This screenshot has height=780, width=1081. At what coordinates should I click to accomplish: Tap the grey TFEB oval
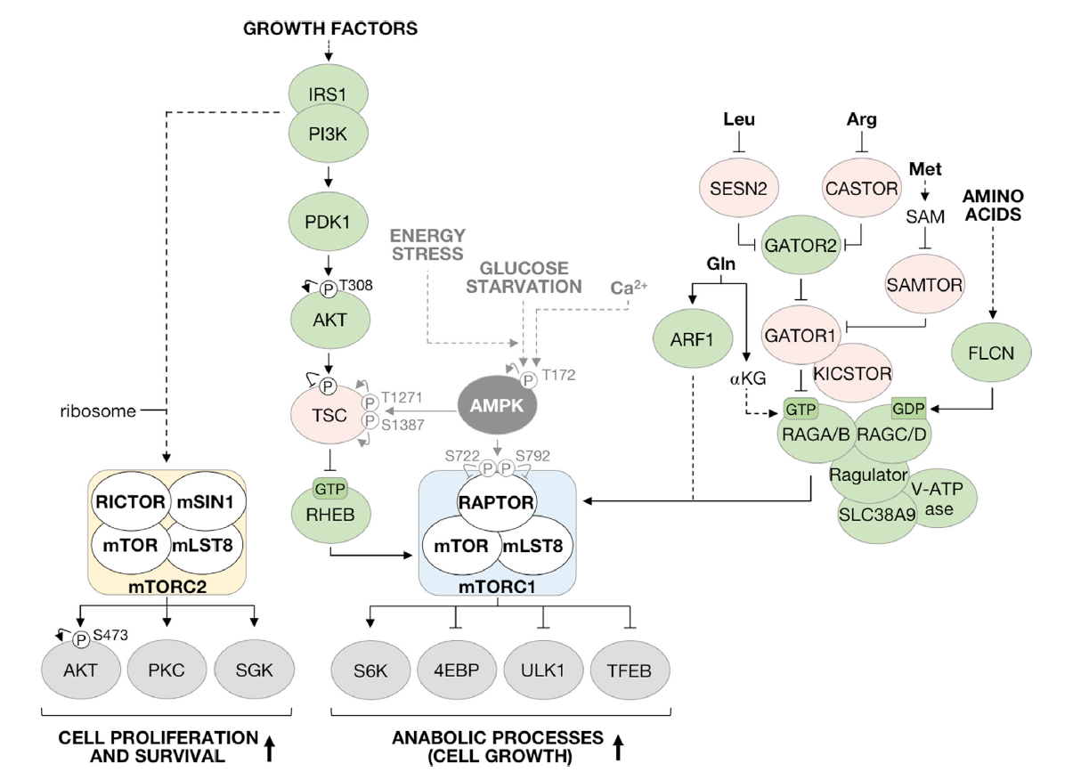pyautogui.click(x=630, y=670)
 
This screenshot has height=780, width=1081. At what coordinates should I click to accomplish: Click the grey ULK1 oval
pyautogui.click(x=542, y=670)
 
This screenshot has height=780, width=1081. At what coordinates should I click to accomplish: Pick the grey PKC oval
pyautogui.click(x=167, y=670)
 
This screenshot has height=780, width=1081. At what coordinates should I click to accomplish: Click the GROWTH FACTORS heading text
pyautogui.click(x=330, y=28)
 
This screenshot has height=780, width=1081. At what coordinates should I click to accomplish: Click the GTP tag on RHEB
pyautogui.click(x=329, y=487)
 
